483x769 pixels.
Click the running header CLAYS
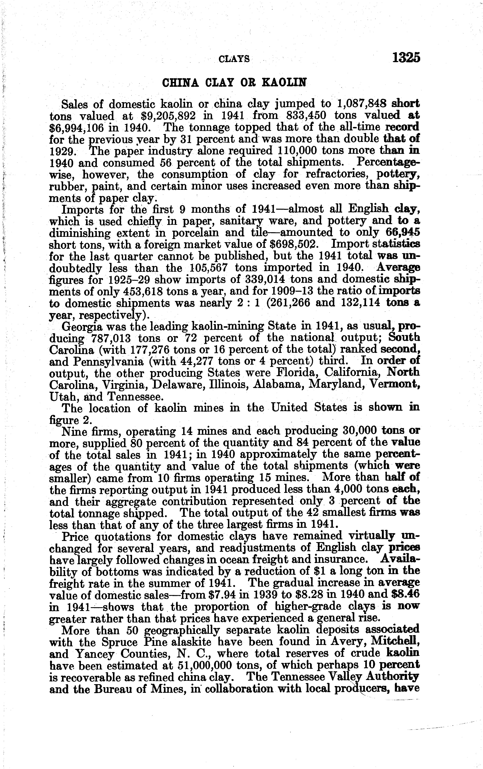(234, 59)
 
